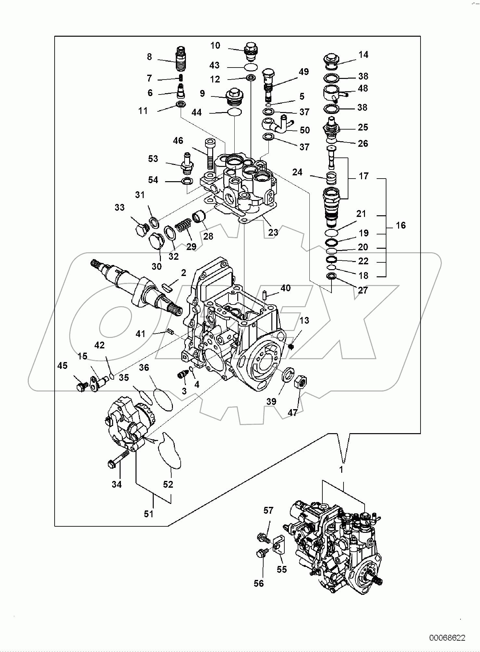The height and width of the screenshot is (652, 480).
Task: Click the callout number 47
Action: (292, 412)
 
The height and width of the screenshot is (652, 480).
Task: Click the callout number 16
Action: (401, 225)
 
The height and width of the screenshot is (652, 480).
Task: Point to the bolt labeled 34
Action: (118, 459)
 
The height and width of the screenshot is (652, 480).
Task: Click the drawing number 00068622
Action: (447, 638)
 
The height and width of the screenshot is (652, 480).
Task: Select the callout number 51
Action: (149, 514)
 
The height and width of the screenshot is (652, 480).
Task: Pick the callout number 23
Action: (273, 232)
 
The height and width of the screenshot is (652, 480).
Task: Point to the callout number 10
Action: (215, 45)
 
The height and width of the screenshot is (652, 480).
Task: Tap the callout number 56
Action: (259, 583)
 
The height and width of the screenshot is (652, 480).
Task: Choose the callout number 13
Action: (304, 320)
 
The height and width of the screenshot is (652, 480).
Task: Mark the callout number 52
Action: (168, 484)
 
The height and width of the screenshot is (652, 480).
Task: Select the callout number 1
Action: (341, 470)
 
